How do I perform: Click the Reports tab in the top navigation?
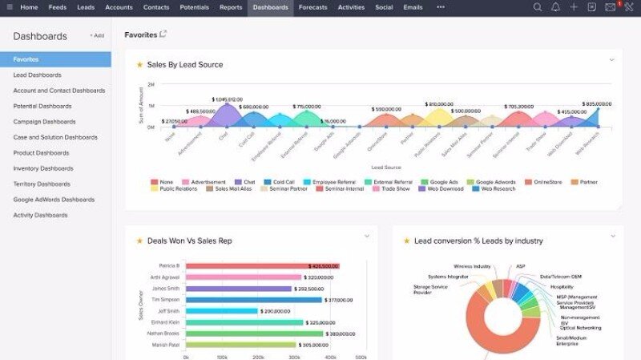point(231,7)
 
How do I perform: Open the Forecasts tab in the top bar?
point(312,7)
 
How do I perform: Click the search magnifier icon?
point(538,7)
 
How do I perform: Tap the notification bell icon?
point(555,7)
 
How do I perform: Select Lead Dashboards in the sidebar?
point(37,75)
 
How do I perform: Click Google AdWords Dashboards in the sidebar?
point(54,200)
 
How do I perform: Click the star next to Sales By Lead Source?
point(139,65)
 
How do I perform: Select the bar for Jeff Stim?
point(222,311)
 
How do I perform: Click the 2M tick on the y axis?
point(151,84)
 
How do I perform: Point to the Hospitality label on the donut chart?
point(562,286)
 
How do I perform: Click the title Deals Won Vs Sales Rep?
point(190,241)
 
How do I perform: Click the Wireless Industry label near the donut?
point(472,266)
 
